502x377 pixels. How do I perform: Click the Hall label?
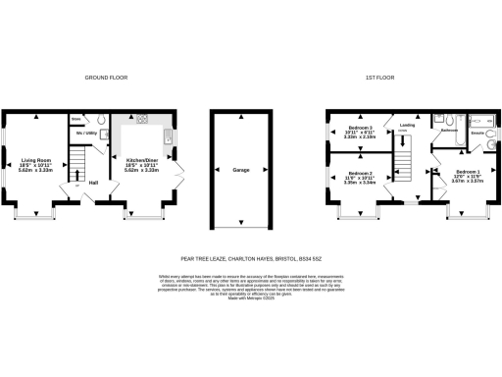[x=94, y=183]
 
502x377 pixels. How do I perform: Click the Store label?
[x=76, y=119]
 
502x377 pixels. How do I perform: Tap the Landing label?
[x=406, y=124]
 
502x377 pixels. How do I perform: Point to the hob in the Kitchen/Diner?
[x=140, y=120]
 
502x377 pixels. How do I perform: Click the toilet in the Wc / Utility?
[x=102, y=135]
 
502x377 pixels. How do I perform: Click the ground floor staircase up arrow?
[x=77, y=179]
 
